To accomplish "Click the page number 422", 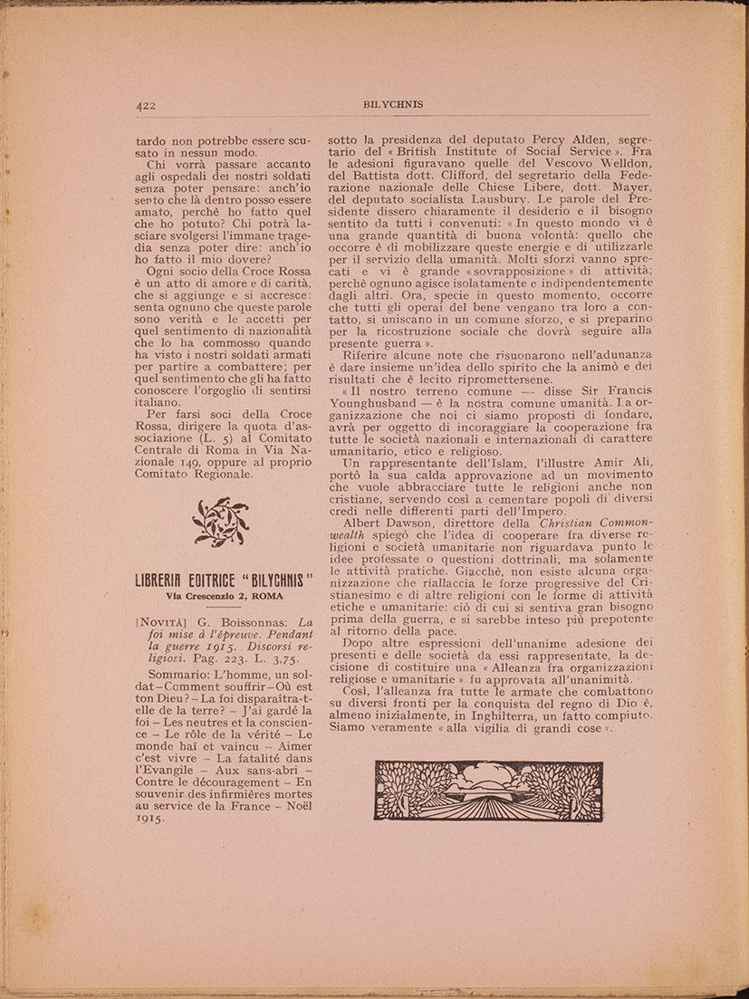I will [x=147, y=105].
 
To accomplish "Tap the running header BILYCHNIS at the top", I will [x=393, y=104].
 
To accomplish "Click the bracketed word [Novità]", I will [x=165, y=622].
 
